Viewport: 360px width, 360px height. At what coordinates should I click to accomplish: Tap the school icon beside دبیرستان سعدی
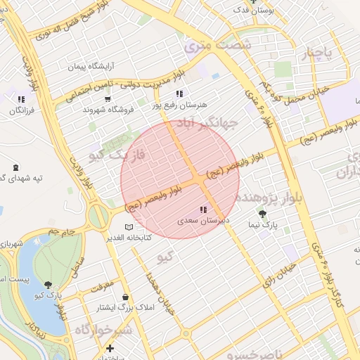pos(204,210)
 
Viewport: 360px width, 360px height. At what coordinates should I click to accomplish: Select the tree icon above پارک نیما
pos(263,214)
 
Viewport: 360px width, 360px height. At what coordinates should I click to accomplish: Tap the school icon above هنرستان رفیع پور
pos(179,93)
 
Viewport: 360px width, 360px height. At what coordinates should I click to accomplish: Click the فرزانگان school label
pos(22,110)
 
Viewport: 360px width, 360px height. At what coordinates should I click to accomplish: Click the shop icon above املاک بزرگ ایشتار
pos(125,297)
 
